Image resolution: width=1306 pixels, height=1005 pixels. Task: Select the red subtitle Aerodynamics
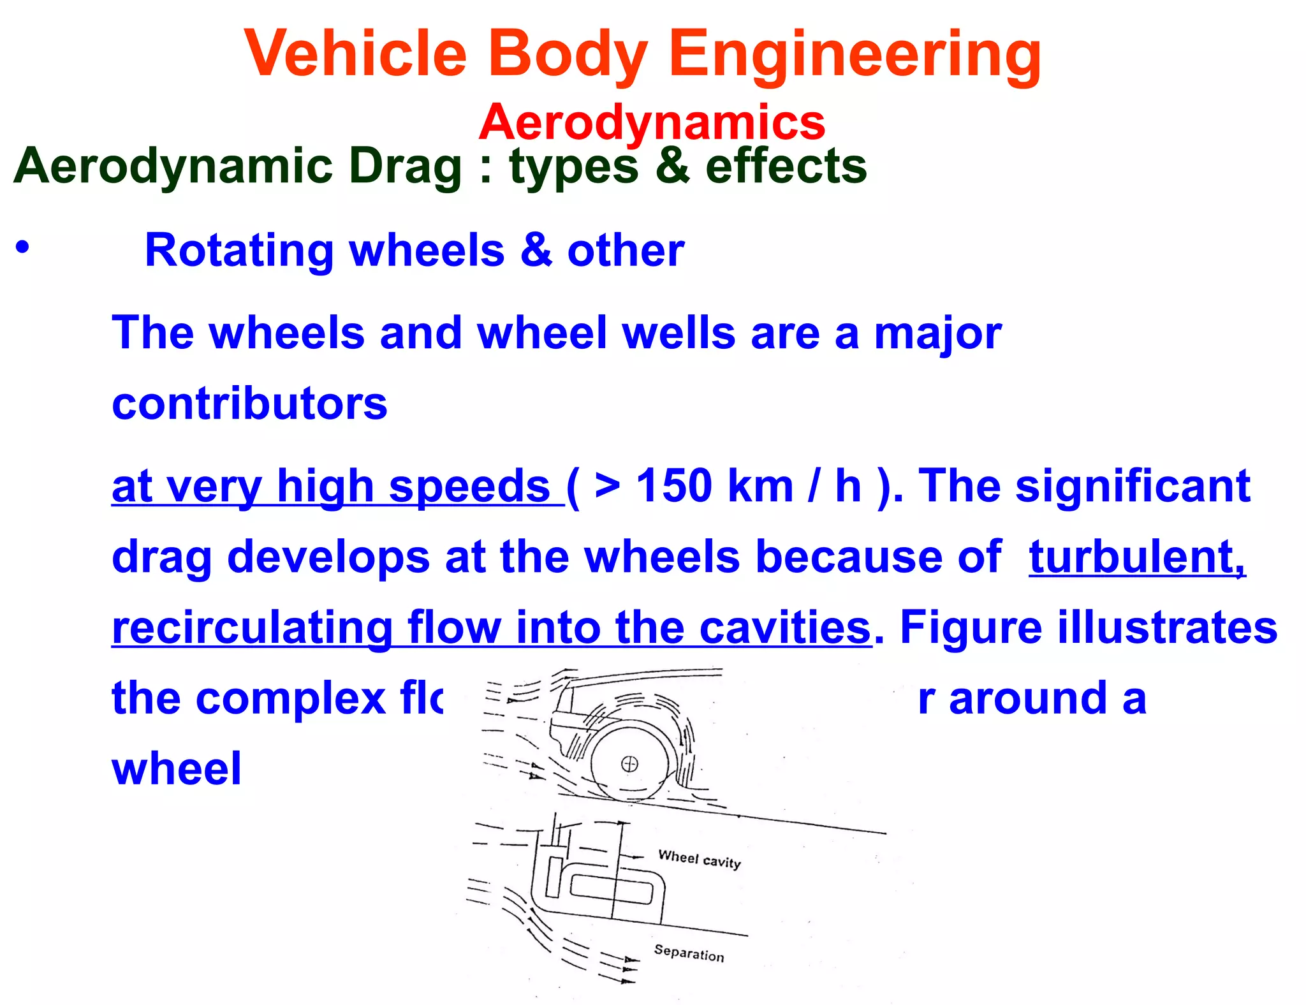[x=652, y=122]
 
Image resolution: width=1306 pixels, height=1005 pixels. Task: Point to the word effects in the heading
[x=786, y=166]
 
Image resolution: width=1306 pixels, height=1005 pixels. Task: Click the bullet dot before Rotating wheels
[x=23, y=247]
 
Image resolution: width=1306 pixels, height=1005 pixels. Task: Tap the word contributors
[x=249, y=403]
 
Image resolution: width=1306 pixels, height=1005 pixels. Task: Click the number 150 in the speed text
[x=674, y=487]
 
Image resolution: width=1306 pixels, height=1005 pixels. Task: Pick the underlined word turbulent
[x=1136, y=557]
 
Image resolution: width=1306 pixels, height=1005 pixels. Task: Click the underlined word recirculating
[x=252, y=628]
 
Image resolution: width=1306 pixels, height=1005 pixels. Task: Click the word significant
[x=1133, y=487]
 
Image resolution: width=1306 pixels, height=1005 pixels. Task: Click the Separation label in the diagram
[x=689, y=953]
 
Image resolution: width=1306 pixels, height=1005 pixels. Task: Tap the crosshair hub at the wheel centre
[x=629, y=763]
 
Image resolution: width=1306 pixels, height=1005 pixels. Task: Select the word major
[x=937, y=334]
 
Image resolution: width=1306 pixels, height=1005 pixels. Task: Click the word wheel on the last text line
[x=177, y=768]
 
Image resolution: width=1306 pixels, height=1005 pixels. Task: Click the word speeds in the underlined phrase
[x=469, y=487]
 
